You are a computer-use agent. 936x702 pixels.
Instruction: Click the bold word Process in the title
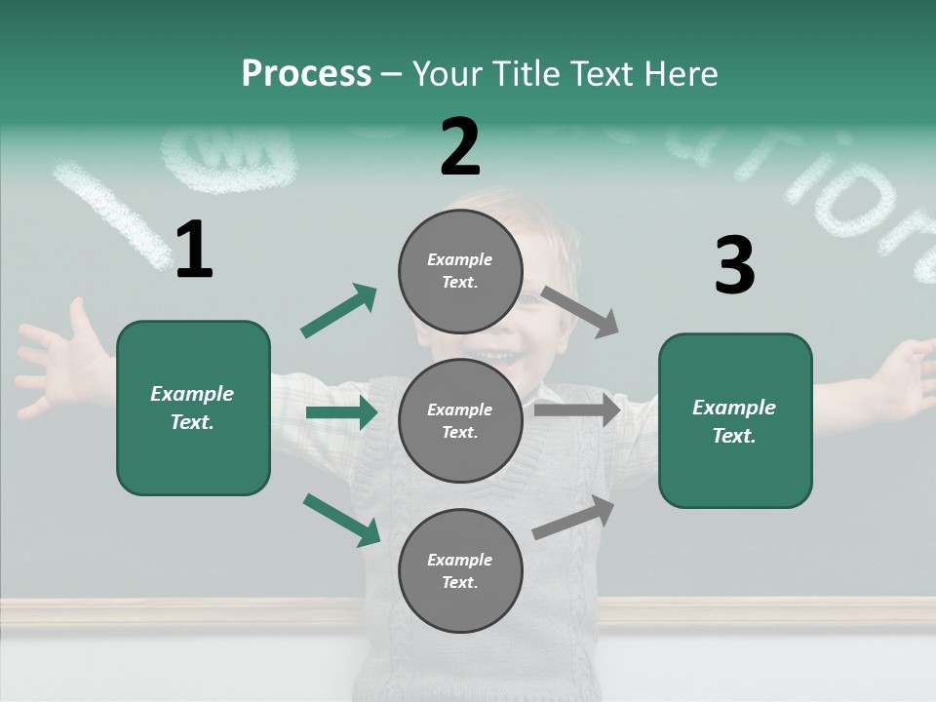pyautogui.click(x=306, y=73)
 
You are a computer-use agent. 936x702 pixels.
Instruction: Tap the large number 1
pyautogui.click(x=194, y=251)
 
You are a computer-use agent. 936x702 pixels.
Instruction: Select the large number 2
pyautogui.click(x=460, y=147)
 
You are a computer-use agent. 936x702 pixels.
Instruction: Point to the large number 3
pyautogui.click(x=734, y=266)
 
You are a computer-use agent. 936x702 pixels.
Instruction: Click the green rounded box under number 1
pyautogui.click(x=193, y=408)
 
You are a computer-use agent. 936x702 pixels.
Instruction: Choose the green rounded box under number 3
pyautogui.click(x=735, y=420)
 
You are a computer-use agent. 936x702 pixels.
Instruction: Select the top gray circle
pyautogui.click(x=460, y=270)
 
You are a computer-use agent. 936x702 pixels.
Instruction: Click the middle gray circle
pyautogui.click(x=460, y=420)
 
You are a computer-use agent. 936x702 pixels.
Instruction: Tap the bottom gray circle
pyautogui.click(x=460, y=570)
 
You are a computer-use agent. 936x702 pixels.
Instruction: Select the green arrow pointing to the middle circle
pyautogui.click(x=341, y=412)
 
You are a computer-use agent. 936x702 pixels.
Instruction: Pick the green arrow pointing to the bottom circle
pyautogui.click(x=341, y=519)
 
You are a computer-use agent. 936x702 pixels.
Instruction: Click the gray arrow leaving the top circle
pyautogui.click(x=579, y=312)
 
